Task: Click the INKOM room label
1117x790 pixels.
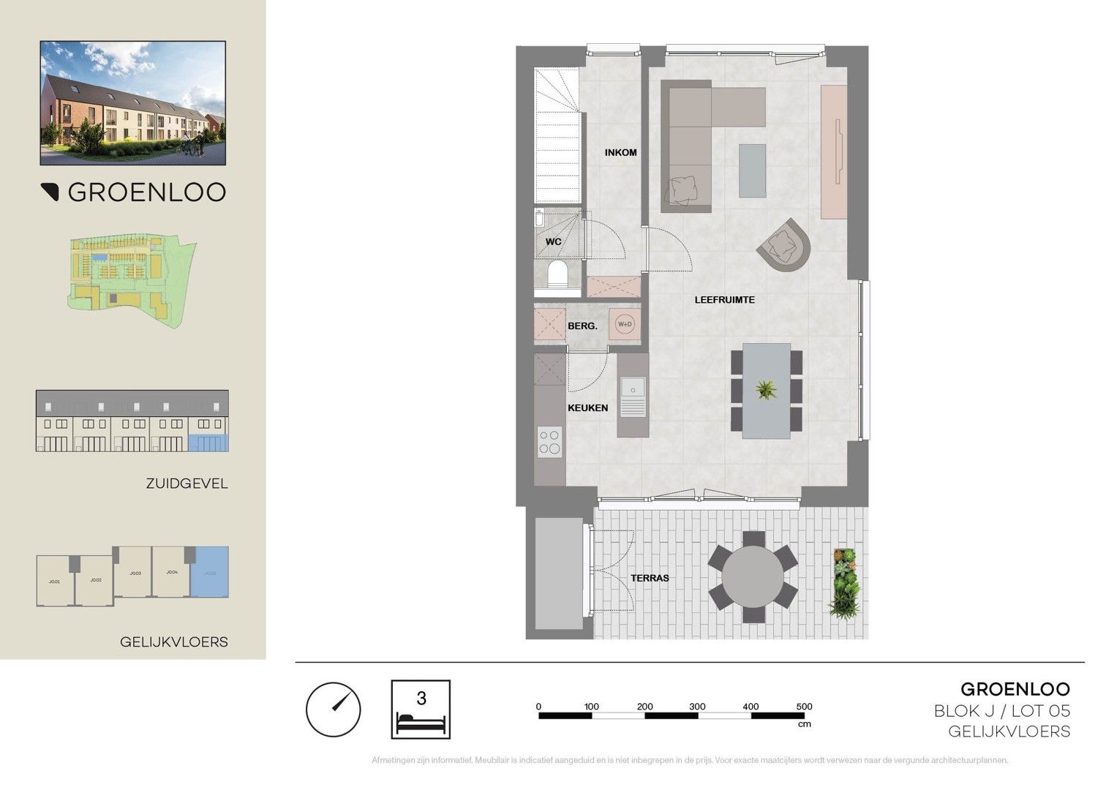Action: [620, 153]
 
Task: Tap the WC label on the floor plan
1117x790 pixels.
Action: [553, 241]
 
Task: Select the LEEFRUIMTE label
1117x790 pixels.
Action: [724, 300]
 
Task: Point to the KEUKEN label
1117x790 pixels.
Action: [588, 407]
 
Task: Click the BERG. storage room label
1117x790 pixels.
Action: [582, 326]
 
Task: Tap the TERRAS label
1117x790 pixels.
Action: [650, 578]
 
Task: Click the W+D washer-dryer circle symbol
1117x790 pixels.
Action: [625, 324]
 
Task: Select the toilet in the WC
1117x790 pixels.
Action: [557, 276]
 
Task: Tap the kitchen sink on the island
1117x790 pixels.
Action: [633, 389]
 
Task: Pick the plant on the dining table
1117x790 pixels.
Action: [765, 389]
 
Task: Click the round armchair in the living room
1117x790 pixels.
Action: [784, 244]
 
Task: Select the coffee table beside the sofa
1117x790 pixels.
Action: [753, 170]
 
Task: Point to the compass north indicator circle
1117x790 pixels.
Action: [333, 709]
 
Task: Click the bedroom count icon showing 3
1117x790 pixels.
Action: [421, 709]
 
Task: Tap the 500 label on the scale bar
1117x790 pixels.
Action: [804, 707]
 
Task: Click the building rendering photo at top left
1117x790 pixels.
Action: [132, 102]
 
